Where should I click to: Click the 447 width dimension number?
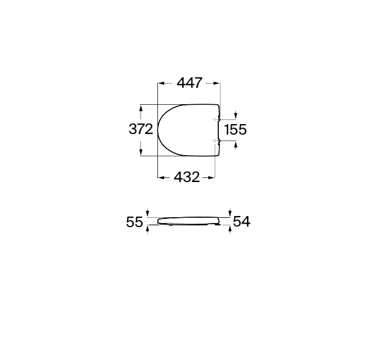point(189,83)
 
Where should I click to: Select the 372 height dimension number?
point(140,129)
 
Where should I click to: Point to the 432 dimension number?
point(187,176)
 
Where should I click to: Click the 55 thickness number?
point(135,222)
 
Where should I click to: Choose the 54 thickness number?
point(242,221)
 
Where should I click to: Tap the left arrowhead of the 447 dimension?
point(161,83)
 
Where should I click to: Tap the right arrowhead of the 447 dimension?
point(218,83)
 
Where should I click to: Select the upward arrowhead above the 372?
point(140,107)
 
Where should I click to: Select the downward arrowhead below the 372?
point(140,153)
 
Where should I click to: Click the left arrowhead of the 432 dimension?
point(161,176)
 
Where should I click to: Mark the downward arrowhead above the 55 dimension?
point(147,213)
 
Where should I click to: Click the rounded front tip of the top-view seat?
point(159,130)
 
